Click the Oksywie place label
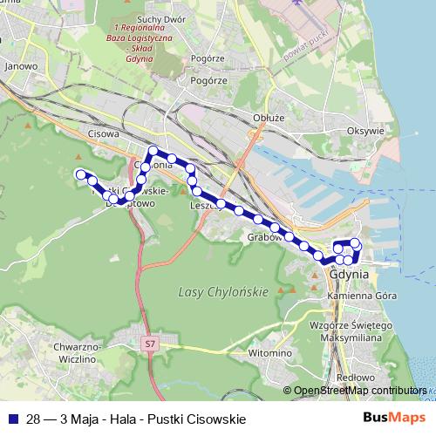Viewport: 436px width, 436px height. click(x=365, y=131)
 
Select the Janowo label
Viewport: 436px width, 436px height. click(x=20, y=65)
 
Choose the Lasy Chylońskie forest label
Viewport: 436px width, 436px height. click(x=221, y=292)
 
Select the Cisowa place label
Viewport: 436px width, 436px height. click(x=104, y=134)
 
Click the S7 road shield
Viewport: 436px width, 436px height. click(x=150, y=344)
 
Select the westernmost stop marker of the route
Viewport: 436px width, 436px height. click(x=80, y=173)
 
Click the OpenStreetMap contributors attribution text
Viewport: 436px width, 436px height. click(x=359, y=391)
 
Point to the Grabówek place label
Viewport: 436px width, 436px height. click(x=262, y=236)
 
